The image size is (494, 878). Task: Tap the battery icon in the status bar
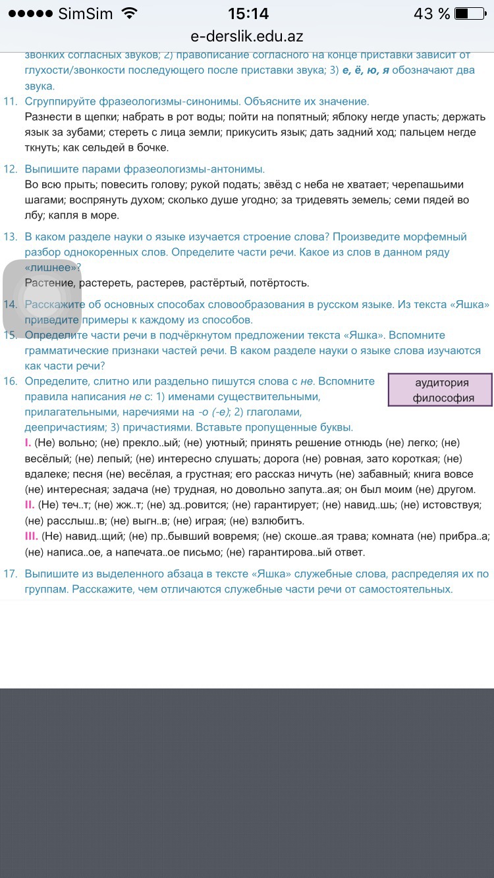(469, 14)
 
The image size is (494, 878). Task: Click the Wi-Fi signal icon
(130, 14)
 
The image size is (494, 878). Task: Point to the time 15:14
(248, 14)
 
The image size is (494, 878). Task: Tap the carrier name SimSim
(86, 14)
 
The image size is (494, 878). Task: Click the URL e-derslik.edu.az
(247, 37)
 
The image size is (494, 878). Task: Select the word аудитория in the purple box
(442, 383)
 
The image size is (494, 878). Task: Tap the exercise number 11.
(10, 101)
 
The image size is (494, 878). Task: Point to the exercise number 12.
(10, 169)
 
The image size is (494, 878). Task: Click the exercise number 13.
(10, 237)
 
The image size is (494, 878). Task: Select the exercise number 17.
(10, 574)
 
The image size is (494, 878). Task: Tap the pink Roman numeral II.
(29, 505)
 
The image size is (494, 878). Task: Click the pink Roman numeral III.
(30, 536)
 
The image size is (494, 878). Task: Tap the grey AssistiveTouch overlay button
(42, 298)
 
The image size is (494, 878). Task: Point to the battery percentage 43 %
(431, 14)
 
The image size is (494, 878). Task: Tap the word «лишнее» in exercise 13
(51, 267)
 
